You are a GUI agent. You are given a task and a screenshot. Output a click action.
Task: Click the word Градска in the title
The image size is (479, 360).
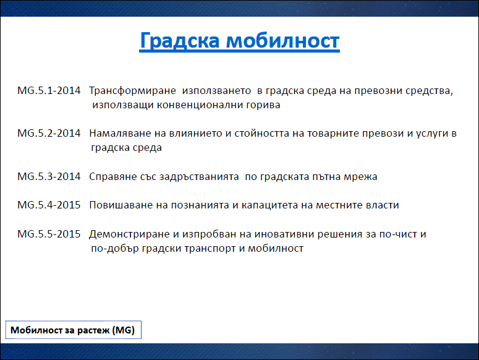(x=180, y=41)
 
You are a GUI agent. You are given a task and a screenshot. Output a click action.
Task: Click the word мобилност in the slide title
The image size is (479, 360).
(x=283, y=41)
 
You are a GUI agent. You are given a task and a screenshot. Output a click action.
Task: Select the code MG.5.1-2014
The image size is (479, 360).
(x=49, y=90)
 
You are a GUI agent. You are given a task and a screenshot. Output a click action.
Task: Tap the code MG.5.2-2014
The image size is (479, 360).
(x=49, y=133)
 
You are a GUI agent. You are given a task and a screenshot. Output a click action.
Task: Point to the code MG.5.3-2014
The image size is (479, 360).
(x=49, y=176)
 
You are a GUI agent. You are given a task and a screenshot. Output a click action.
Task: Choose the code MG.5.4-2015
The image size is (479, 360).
(x=49, y=205)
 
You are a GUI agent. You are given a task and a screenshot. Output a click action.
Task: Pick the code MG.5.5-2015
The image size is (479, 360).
(x=49, y=234)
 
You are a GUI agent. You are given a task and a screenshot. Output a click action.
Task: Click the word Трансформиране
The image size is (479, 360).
(x=133, y=91)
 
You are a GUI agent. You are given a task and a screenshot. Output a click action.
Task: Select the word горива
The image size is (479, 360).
(x=263, y=105)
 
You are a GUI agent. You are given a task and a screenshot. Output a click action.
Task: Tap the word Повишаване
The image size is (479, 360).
(x=121, y=205)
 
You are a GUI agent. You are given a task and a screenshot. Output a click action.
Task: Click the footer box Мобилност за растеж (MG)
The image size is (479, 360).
(x=74, y=330)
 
